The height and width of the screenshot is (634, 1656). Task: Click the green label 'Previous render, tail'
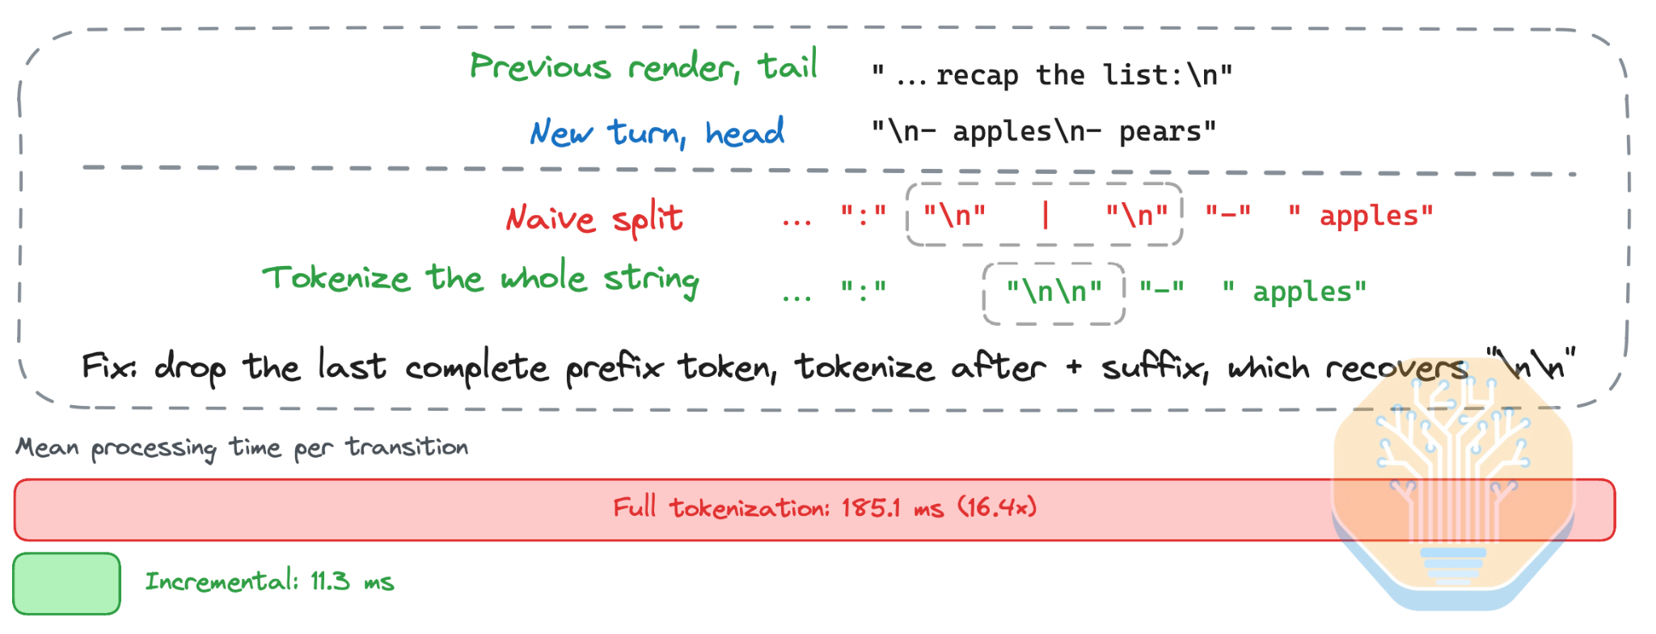click(644, 66)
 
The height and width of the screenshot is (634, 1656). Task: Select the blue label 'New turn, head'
click(657, 132)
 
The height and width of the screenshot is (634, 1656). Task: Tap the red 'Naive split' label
click(594, 218)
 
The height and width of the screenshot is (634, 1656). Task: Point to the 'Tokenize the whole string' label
click(481, 280)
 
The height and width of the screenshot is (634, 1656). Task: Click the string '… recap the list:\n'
click(1052, 75)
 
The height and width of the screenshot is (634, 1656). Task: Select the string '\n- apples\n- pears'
click(1043, 131)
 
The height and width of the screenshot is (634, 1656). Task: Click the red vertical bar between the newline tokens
click(1046, 215)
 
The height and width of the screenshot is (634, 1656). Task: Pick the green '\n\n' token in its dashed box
click(1054, 291)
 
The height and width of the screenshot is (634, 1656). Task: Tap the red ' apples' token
click(1361, 216)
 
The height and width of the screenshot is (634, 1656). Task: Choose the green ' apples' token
click(1295, 291)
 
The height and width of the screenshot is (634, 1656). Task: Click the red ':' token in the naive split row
click(864, 214)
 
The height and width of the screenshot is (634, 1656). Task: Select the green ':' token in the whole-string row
click(864, 290)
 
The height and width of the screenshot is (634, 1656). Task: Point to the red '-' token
click(1228, 213)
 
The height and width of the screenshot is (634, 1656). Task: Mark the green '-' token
click(1162, 288)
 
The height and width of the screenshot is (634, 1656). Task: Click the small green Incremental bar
click(67, 583)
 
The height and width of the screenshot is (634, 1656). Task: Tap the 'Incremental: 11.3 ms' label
click(269, 581)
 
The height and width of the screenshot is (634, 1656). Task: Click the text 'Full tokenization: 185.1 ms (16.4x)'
click(825, 507)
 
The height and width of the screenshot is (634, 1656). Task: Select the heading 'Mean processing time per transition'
click(242, 448)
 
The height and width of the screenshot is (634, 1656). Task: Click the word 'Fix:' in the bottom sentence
click(109, 366)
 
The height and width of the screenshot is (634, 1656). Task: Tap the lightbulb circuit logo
click(1453, 485)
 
